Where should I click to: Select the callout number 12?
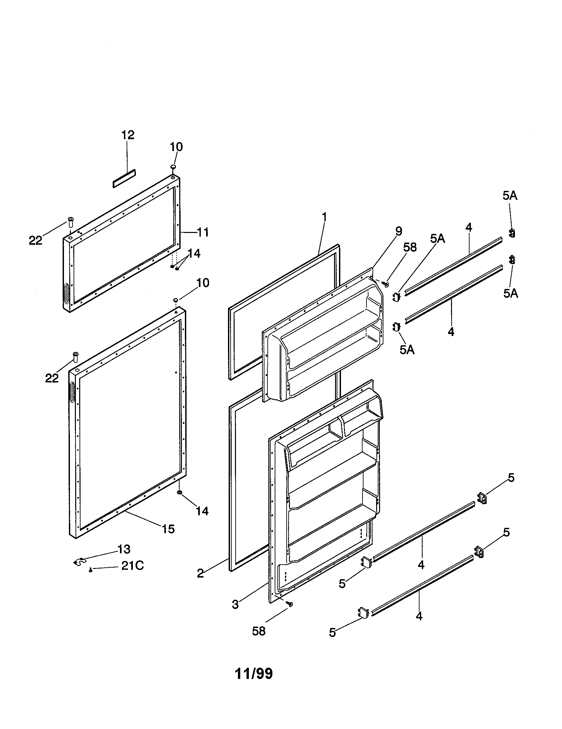click(x=128, y=135)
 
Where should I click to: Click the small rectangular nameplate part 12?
click(x=124, y=178)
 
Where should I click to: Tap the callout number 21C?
click(x=132, y=566)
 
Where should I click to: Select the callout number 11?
click(x=202, y=232)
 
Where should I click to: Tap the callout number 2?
click(x=200, y=573)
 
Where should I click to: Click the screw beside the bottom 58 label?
click(x=291, y=604)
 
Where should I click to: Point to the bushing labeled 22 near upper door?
click(x=71, y=221)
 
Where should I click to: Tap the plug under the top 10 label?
click(x=174, y=167)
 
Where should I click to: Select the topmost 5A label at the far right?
click(x=510, y=196)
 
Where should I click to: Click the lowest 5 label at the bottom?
click(x=332, y=633)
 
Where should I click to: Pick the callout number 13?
click(x=124, y=549)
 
